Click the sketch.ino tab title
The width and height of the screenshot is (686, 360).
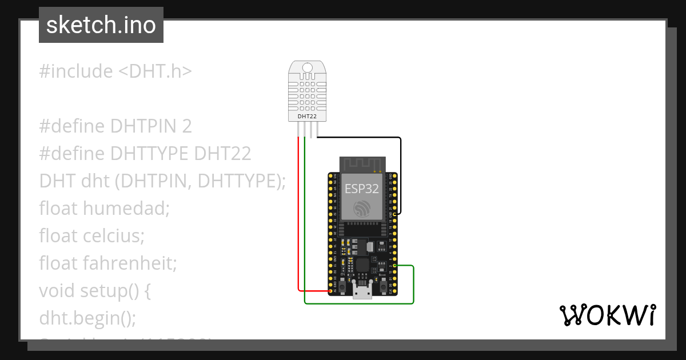101,25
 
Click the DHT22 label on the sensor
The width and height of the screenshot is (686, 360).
307,117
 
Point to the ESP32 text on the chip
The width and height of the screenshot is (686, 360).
361,189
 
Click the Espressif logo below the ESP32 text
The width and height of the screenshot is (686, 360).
361,209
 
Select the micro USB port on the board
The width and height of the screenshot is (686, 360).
362,292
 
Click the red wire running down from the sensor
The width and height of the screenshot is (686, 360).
298,217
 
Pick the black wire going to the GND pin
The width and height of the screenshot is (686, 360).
400,171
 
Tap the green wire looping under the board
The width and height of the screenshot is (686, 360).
360,303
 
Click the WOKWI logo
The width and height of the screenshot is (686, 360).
607,315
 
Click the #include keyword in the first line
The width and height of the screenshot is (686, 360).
76,71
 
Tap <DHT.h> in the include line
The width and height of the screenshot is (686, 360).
155,71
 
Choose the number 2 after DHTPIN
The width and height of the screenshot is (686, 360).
187,126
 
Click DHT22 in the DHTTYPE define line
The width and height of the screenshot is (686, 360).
222,154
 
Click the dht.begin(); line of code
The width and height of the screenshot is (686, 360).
87,318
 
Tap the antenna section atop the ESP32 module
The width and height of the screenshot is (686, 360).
361,164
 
